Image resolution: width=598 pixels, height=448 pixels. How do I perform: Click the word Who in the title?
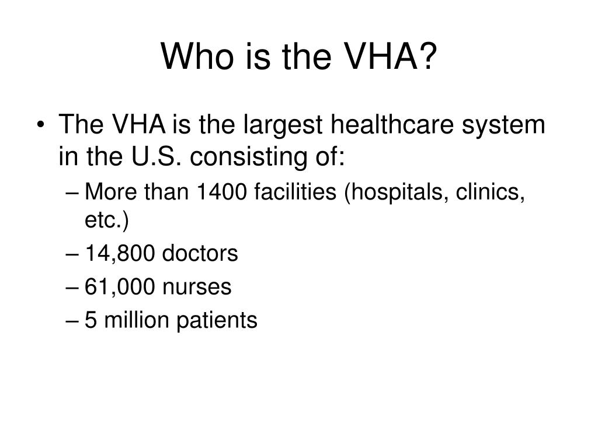click(x=197, y=57)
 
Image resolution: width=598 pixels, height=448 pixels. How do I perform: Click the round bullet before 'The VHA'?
click(x=41, y=125)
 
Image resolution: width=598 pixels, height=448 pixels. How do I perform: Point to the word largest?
click(x=283, y=126)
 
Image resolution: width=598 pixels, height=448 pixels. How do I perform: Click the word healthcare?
click(x=392, y=124)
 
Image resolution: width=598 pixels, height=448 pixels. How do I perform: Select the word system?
click(x=503, y=127)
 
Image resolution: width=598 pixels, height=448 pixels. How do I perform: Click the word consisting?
click(x=249, y=157)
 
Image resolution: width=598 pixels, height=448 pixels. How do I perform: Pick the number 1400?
click(x=221, y=191)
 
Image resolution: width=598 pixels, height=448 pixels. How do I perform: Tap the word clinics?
click(x=491, y=191)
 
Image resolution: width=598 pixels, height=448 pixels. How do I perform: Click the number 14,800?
click(x=120, y=254)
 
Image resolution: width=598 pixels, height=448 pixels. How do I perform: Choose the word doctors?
click(x=200, y=253)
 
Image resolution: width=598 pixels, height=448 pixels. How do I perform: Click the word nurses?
click(x=197, y=288)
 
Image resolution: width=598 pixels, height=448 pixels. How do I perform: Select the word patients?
click(x=217, y=320)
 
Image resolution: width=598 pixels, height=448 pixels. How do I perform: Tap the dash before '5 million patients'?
click(x=72, y=321)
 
